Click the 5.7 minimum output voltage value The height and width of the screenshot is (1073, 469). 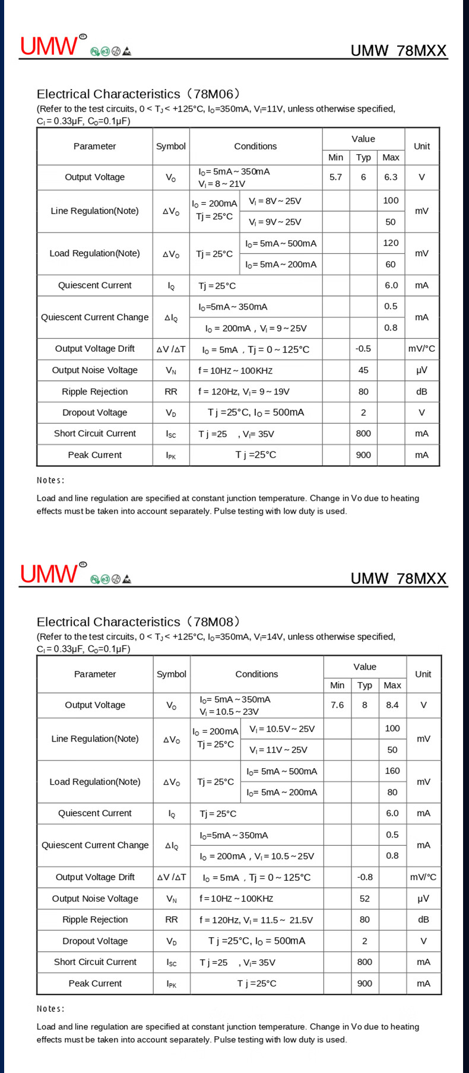335,177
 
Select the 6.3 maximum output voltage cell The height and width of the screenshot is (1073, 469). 391,177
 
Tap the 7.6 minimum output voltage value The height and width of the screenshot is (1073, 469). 337,705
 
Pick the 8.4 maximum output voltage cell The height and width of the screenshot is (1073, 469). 392,705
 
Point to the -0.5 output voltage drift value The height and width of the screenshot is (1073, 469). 363,349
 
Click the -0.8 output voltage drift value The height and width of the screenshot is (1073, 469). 365,877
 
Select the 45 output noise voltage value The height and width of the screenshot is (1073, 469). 363,370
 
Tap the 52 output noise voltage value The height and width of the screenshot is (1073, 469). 365,899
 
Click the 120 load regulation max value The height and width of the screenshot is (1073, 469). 391,243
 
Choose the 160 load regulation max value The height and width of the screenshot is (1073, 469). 392,770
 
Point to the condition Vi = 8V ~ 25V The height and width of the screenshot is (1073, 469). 275,201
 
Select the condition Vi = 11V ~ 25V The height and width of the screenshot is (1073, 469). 278,750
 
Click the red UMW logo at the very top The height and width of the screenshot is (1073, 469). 49,46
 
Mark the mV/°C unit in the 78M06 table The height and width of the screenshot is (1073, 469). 422,349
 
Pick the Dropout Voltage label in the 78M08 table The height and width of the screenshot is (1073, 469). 95,941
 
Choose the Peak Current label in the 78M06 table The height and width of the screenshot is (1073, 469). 95,455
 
